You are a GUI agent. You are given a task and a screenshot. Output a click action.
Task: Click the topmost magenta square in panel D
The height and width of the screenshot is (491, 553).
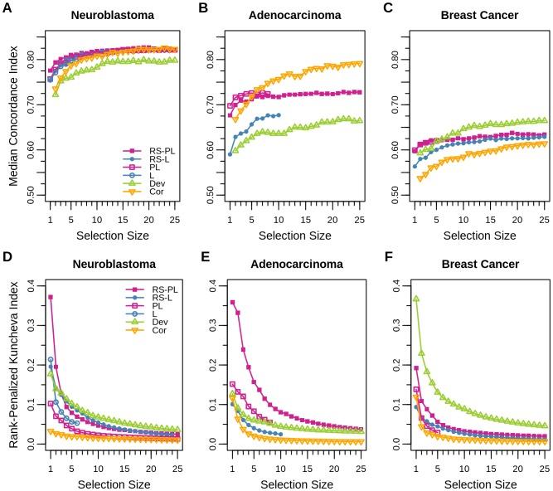coord(51,297)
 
